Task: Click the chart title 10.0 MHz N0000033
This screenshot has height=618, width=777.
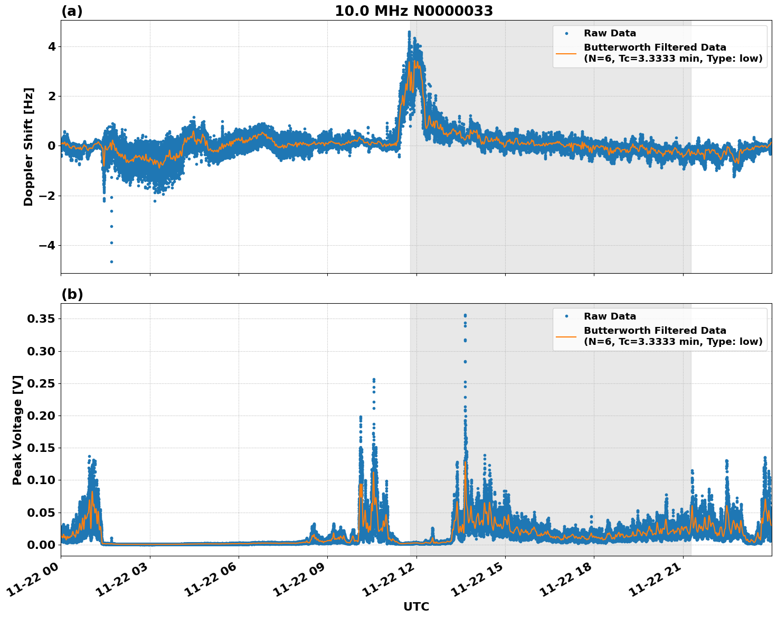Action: tap(414, 11)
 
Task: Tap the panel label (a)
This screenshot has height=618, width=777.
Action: tap(72, 11)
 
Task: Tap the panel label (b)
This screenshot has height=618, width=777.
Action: tap(72, 294)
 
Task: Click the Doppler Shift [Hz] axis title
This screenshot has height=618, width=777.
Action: tap(29, 147)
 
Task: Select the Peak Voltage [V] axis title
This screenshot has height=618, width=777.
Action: tap(17, 430)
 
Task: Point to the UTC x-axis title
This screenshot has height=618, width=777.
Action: tap(416, 606)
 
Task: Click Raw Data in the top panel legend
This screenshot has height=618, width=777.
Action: tap(610, 33)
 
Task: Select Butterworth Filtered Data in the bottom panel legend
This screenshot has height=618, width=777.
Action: tap(655, 331)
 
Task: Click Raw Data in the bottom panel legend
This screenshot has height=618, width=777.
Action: tap(610, 316)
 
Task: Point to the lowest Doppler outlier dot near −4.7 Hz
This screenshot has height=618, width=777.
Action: tap(111, 262)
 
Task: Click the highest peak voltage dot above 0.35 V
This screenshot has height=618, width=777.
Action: tap(465, 315)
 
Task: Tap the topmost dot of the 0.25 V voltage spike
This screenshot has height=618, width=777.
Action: tap(374, 379)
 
